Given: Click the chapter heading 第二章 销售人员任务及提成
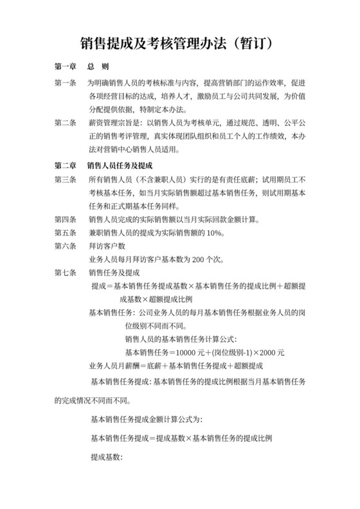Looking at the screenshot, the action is (107, 165).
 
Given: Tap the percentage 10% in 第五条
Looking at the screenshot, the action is (214, 233).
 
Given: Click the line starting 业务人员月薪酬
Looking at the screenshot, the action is (177, 366).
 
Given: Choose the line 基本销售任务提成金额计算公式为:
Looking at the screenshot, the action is (147, 420).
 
